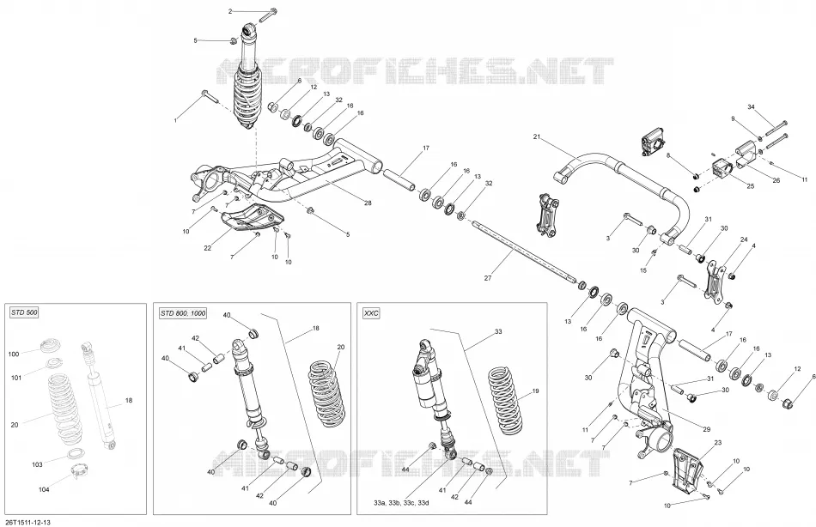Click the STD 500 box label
click(24, 312)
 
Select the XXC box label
click(371, 312)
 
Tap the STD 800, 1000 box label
click(182, 312)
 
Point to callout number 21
click(537, 136)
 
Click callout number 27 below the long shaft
click(488, 278)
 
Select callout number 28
click(368, 203)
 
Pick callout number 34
click(751, 107)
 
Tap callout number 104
click(44, 489)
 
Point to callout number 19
click(535, 391)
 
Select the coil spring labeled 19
click(503, 401)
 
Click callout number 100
click(14, 354)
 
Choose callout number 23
click(717, 443)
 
